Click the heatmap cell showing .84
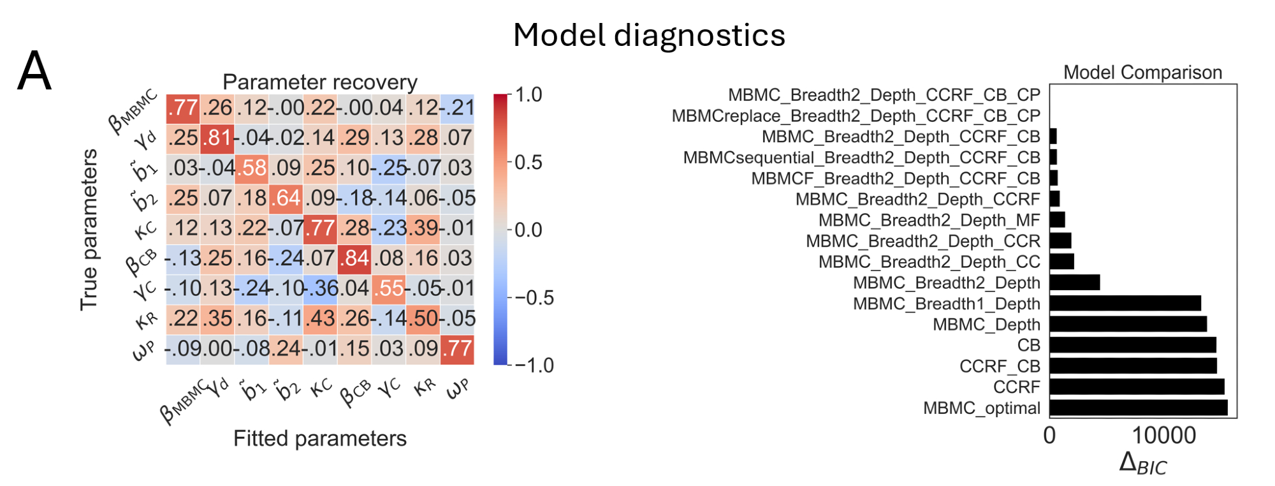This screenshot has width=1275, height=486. pos(354,258)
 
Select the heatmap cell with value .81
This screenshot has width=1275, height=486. pos(217,137)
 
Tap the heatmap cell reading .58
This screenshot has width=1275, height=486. pos(252,168)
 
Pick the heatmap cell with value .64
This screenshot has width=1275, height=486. pos(286,198)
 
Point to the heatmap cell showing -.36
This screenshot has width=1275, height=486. pos(320,288)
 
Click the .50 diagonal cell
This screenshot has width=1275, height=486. pos(423,318)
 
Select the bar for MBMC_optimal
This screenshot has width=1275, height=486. pos(1138,408)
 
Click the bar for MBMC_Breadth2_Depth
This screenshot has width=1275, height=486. pos(1075,283)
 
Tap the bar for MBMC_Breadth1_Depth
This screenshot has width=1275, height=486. pos(1125,304)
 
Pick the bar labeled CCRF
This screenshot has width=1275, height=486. pos(1137,387)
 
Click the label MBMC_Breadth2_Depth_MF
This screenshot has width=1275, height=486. pos(929,220)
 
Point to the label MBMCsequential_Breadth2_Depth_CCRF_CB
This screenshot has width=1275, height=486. pos(861,158)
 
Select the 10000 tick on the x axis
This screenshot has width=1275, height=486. pos(1164,436)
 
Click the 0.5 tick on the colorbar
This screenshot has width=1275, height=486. pos(528,162)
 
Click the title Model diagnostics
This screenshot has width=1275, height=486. pos(649,35)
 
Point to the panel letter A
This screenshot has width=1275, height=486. pos(34,71)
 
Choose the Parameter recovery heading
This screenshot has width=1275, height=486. pos(319,82)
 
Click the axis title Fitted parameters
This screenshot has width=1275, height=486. pos(319,438)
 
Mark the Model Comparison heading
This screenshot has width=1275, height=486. pos(1142,72)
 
